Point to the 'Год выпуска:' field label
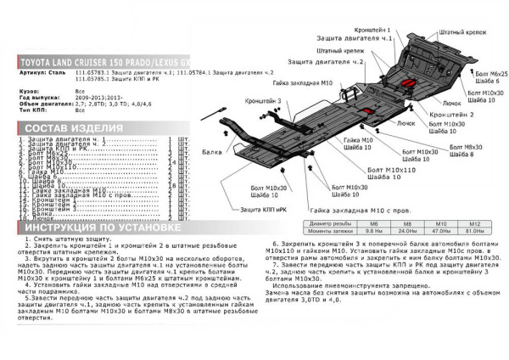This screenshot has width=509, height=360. (37, 97)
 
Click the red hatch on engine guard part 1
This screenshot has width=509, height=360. (409, 84)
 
